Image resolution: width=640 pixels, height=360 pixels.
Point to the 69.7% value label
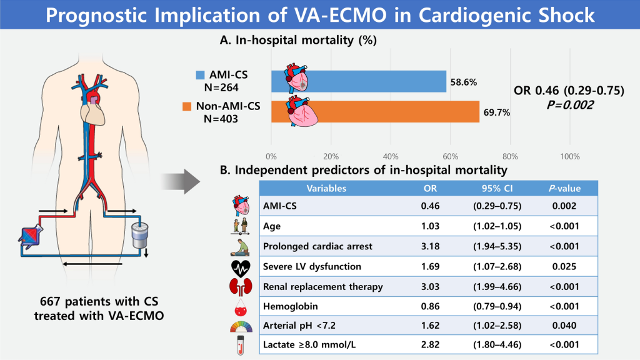pyautogui.click(x=497, y=112)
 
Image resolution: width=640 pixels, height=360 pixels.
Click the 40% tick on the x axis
pyautogui.click(x=391, y=156)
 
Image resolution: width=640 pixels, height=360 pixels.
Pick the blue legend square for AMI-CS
pyautogui.click(x=200, y=76)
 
